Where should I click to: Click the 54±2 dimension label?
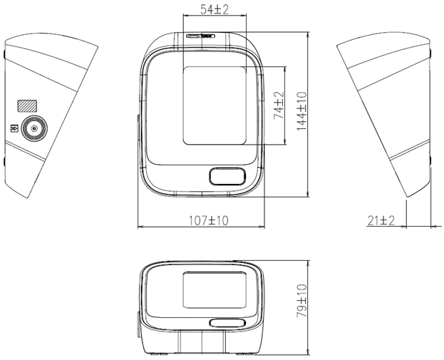pos(215,10)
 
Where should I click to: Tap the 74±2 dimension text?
pos(279,106)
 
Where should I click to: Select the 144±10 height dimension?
pos(302,111)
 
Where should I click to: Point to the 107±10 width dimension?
pos(208,220)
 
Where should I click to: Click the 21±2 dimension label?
pos(381,220)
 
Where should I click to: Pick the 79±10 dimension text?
pos(302,301)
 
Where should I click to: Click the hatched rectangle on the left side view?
pos(27,106)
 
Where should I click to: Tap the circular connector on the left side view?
pos(34,129)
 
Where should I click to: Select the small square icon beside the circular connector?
pos(14,129)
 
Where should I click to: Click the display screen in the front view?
pos(215,106)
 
